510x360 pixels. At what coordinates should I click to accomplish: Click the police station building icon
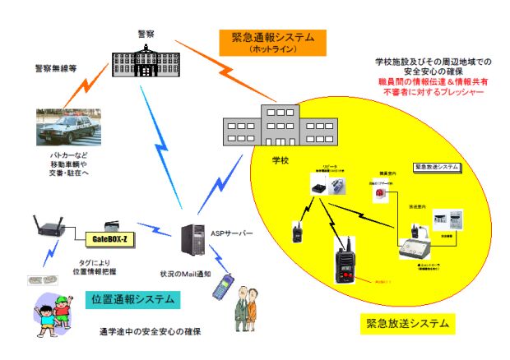[x=146, y=59]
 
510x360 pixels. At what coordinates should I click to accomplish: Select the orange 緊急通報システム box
[x=271, y=41]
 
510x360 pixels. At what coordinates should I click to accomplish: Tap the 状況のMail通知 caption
[x=191, y=272]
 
